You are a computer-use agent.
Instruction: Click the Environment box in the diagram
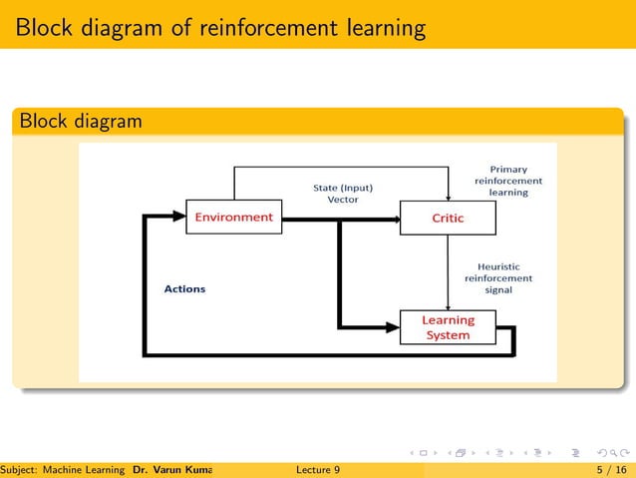[233, 217]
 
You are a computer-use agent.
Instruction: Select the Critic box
[448, 218]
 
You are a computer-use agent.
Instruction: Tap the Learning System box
[448, 327]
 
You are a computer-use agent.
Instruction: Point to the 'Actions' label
[184, 288]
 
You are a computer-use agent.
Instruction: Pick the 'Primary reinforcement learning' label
[508, 181]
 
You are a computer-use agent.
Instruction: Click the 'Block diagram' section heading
[79, 122]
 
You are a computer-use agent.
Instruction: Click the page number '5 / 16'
[609, 468]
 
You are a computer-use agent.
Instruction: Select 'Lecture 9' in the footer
[318, 468]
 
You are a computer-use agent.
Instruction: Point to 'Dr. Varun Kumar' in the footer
[175, 468]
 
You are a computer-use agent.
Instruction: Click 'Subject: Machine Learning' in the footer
[63, 468]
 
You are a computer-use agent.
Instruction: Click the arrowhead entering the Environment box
[179, 216]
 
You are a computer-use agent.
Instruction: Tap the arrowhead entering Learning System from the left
[392, 326]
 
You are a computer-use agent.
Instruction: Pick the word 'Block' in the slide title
[45, 26]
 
